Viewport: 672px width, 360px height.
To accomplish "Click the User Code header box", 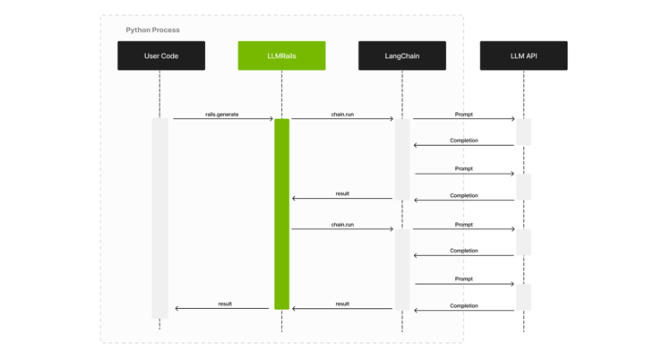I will [x=161, y=56].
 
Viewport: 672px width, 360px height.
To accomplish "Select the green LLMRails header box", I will [x=281, y=56].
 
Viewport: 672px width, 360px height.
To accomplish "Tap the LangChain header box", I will [x=402, y=56].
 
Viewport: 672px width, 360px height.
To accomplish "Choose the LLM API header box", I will [x=523, y=56].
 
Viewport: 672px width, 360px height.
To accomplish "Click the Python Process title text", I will [x=152, y=30].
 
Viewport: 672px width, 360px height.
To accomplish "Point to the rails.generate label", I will [x=221, y=114].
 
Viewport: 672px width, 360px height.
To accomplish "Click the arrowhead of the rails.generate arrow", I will [x=271, y=118].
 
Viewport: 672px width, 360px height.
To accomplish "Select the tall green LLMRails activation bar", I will [x=281, y=214].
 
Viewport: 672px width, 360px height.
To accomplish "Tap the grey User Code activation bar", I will [x=159, y=218].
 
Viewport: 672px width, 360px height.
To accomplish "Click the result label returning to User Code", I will [x=225, y=304].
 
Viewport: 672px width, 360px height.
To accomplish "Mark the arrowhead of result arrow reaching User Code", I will [x=177, y=309].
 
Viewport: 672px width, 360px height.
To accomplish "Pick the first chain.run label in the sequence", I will [x=342, y=114].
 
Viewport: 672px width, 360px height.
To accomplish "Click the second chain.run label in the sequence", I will [x=342, y=225].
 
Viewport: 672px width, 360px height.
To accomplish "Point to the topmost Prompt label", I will [x=463, y=114].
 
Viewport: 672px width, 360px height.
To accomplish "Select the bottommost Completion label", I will [x=463, y=305].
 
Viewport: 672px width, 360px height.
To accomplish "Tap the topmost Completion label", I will [x=463, y=141].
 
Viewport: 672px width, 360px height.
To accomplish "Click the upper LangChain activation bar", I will [x=402, y=159].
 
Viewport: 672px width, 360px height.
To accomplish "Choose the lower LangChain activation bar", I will [x=402, y=269].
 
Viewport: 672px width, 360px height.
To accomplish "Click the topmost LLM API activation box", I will [x=523, y=132].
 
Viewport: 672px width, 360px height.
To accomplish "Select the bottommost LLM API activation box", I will [x=523, y=296].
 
